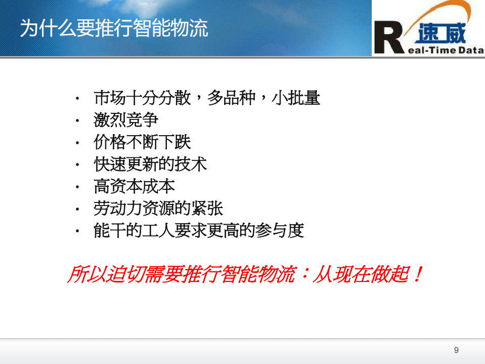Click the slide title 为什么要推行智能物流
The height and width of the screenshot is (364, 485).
click(114, 28)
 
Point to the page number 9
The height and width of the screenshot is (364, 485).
click(457, 350)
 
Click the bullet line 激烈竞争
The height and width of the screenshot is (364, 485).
click(126, 120)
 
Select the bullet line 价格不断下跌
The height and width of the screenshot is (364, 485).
click(142, 142)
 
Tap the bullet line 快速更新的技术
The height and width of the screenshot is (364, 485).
click(150, 164)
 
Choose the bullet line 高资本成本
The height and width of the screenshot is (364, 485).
click(134, 186)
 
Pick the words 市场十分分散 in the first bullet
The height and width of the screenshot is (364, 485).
click(142, 98)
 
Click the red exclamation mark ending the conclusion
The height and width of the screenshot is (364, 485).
click(417, 274)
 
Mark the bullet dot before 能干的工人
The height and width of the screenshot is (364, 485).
click(77, 231)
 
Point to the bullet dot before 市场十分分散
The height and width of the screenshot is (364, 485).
click(77, 98)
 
